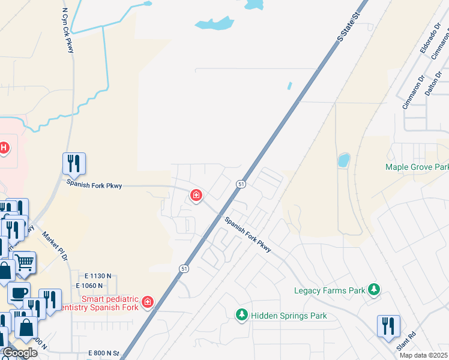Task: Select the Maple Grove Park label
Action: click(x=417, y=167)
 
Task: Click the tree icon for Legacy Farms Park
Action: click(x=374, y=290)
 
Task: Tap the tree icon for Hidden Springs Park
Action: click(x=242, y=315)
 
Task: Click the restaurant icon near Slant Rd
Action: click(x=388, y=326)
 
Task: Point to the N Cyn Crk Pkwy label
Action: click(x=67, y=31)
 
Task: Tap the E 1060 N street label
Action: click(x=90, y=285)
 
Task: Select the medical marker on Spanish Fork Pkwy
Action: click(x=196, y=196)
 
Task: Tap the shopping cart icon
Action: click(x=24, y=262)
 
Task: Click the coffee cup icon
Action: click(x=19, y=293)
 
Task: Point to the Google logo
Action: click(x=19, y=353)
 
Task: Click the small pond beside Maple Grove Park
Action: click(x=343, y=160)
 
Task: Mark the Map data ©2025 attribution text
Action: click(x=423, y=355)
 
